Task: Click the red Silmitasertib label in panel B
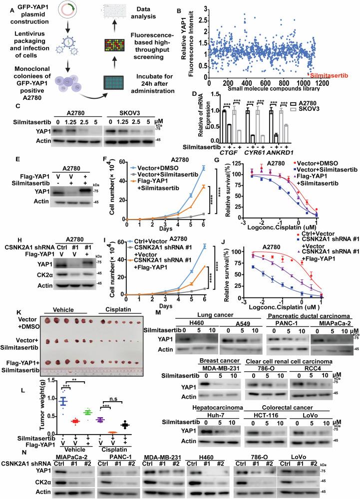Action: (x=329, y=75)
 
